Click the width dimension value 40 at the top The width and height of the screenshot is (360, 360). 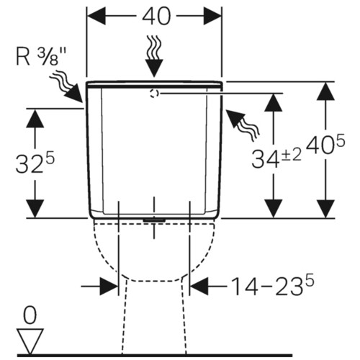(x=156, y=16)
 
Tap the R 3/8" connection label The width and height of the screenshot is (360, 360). (x=41, y=57)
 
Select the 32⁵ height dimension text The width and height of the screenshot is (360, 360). (x=35, y=163)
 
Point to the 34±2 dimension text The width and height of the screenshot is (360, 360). (x=276, y=158)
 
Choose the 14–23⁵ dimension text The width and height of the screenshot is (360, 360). (x=273, y=286)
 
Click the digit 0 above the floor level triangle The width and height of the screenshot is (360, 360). (x=30, y=315)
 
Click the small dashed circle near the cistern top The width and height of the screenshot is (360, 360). (x=154, y=93)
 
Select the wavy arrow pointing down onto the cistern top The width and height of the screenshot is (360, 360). (x=154, y=56)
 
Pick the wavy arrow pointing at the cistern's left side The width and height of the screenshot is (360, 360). (x=66, y=88)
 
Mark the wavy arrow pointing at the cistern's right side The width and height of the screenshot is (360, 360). (x=243, y=125)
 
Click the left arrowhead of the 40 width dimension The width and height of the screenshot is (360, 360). (x=96, y=16)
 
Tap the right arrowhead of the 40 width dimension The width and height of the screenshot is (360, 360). (x=212, y=16)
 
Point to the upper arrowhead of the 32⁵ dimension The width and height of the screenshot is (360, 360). (x=35, y=118)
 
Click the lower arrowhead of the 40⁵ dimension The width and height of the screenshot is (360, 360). (x=325, y=209)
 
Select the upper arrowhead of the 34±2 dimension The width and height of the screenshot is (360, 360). (x=273, y=102)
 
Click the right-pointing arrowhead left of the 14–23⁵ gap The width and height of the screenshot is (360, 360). (x=109, y=287)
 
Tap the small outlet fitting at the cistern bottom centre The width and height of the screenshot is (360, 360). (x=154, y=220)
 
